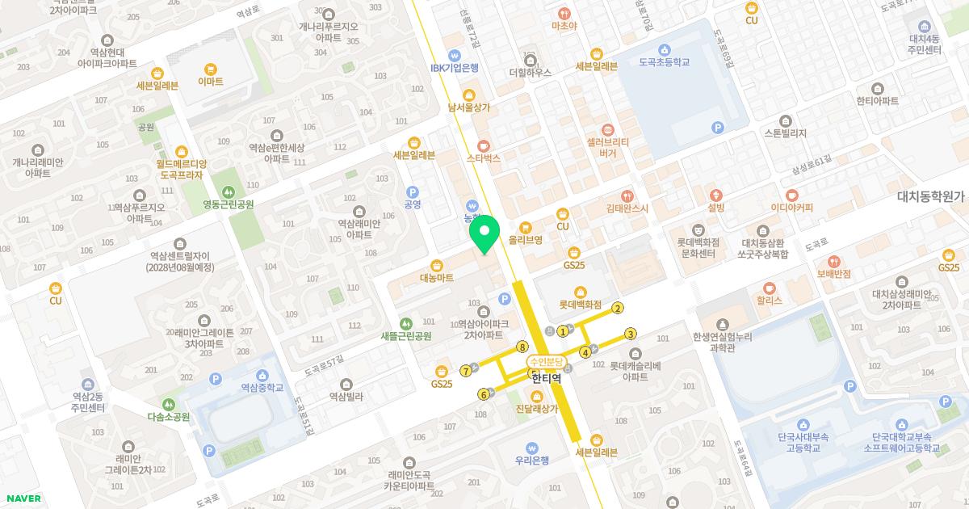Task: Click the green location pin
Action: coord(484,235)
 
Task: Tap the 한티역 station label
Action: coord(546,376)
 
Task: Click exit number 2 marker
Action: coord(618,308)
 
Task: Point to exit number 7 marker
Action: coord(466,372)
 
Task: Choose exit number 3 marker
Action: coord(631,334)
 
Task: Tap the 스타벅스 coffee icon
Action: coord(484,145)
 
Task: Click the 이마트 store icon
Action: coord(211,69)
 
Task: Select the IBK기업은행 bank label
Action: coord(455,69)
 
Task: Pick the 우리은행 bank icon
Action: coord(531,448)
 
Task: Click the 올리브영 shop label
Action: coord(525,240)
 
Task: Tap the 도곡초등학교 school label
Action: coord(664,62)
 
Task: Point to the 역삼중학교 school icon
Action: coord(262,375)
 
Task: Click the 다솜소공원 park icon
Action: coord(169,404)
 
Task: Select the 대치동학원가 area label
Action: coord(931,196)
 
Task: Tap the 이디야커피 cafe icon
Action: coord(791,195)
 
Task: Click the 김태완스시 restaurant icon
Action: coord(627,196)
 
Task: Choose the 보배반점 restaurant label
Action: coord(834,274)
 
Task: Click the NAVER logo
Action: coord(23,498)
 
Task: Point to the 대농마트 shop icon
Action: coord(437,265)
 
